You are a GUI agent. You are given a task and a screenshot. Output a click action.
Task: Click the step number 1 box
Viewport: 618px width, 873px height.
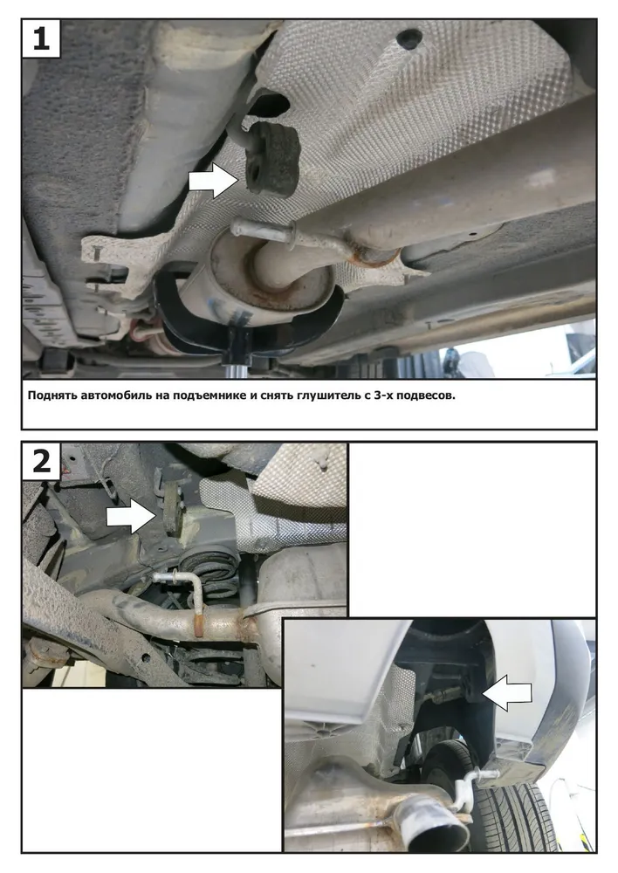pos(41,38)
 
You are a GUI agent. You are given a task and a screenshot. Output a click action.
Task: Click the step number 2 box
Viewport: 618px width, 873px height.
pos(41,461)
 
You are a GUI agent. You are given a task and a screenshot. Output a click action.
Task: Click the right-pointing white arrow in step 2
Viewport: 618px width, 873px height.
pos(131,516)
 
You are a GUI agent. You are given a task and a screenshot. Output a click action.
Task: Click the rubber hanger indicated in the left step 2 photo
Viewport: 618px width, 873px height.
pos(172,507)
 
